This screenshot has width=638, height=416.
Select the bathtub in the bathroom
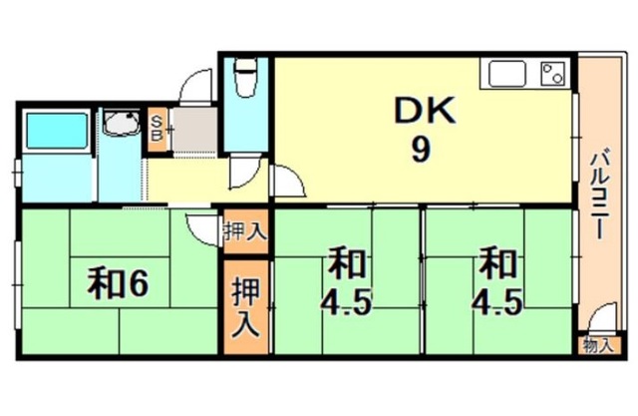pos(57,132)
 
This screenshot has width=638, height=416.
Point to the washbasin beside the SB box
pos(124,128)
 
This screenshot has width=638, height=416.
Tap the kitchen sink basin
pos(506,74)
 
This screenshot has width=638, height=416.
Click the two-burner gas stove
pos(551,73)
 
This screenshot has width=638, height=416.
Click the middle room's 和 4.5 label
pos(347,284)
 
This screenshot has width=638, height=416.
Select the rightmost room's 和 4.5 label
pos(498,284)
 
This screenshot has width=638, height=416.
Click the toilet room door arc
pos(244,170)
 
